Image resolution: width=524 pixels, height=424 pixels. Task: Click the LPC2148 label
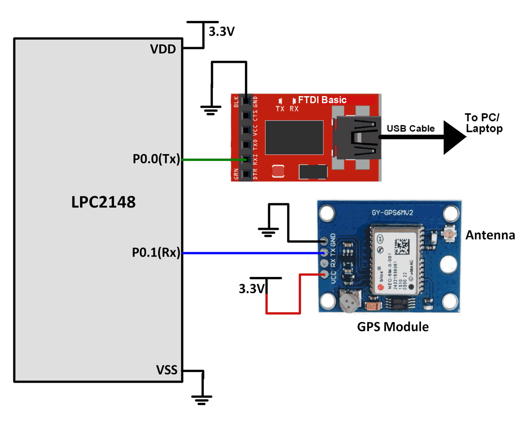pos(103,202)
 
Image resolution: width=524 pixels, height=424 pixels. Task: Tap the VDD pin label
pos(163,49)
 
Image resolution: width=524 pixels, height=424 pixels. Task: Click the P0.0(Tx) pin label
pos(156,159)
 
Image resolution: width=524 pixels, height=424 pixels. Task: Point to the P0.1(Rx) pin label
pos(156,253)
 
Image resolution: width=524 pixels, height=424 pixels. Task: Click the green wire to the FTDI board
pos(210,159)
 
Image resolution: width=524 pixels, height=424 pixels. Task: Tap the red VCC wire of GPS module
pos(283,313)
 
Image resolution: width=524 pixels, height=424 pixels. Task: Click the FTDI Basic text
pos(322,100)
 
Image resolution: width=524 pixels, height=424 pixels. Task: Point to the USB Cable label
pos(410,128)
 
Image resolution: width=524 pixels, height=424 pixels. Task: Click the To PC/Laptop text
pos(484,123)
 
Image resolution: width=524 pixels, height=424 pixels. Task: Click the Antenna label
pos(490,235)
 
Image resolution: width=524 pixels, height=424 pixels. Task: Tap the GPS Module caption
pos(393,327)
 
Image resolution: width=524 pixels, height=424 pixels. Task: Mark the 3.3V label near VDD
pos(222,32)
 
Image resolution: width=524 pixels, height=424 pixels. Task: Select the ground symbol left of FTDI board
pos(211,109)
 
